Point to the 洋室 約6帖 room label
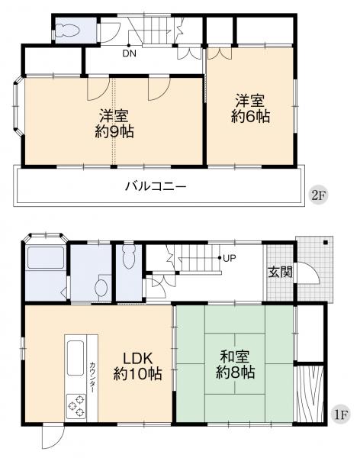[x=251, y=108]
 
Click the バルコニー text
[x=156, y=186]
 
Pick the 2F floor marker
[x=318, y=195]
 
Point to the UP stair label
[x=230, y=258]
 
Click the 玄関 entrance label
[x=279, y=272]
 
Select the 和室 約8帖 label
[x=235, y=366]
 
